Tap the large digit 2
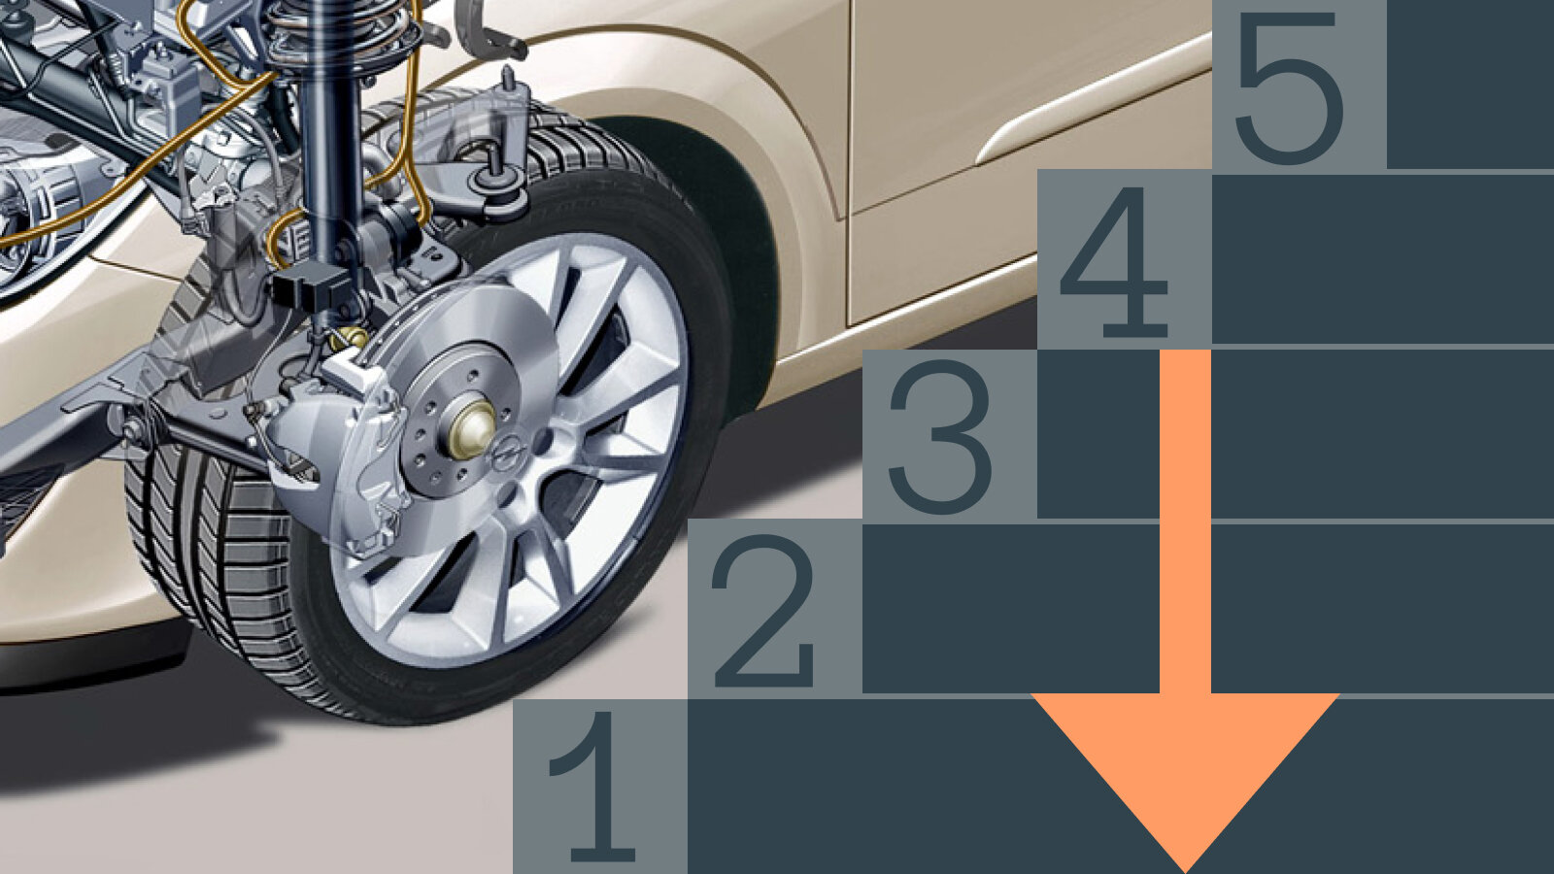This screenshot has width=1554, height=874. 763,611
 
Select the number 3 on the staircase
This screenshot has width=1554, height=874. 941,436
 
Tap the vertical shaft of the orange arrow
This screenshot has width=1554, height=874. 1186,521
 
